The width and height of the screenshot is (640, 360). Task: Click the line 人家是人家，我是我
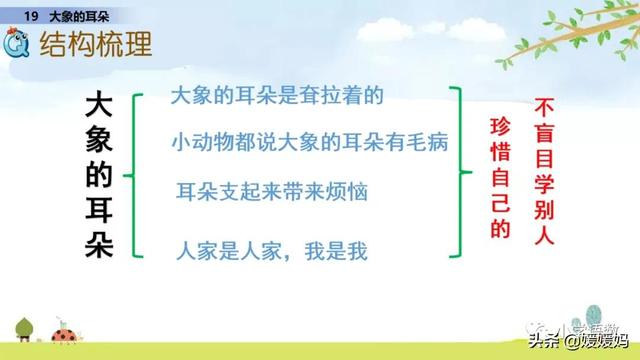pyautogui.click(x=271, y=249)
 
